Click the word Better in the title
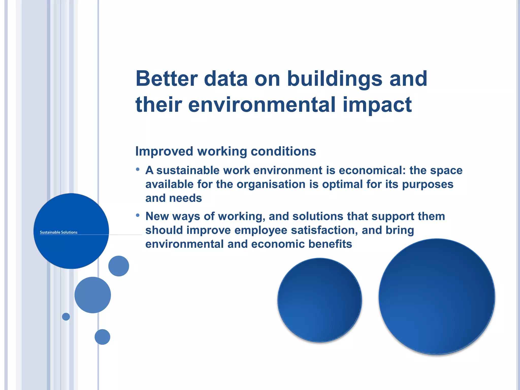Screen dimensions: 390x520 pyautogui.click(x=167, y=79)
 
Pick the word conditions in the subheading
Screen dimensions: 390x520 pyautogui.click(x=283, y=152)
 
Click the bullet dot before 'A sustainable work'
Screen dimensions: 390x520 pyautogui.click(x=138, y=169)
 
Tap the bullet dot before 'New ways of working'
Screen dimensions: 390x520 pyautogui.click(x=138, y=215)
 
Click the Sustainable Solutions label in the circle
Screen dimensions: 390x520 pyautogui.click(x=59, y=232)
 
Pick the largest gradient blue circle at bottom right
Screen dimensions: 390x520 pyautogui.click(x=437, y=297)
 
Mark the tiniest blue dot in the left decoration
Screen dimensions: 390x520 pyautogui.click(x=66, y=317)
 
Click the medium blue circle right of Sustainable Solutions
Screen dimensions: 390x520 pyautogui.click(x=119, y=266)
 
